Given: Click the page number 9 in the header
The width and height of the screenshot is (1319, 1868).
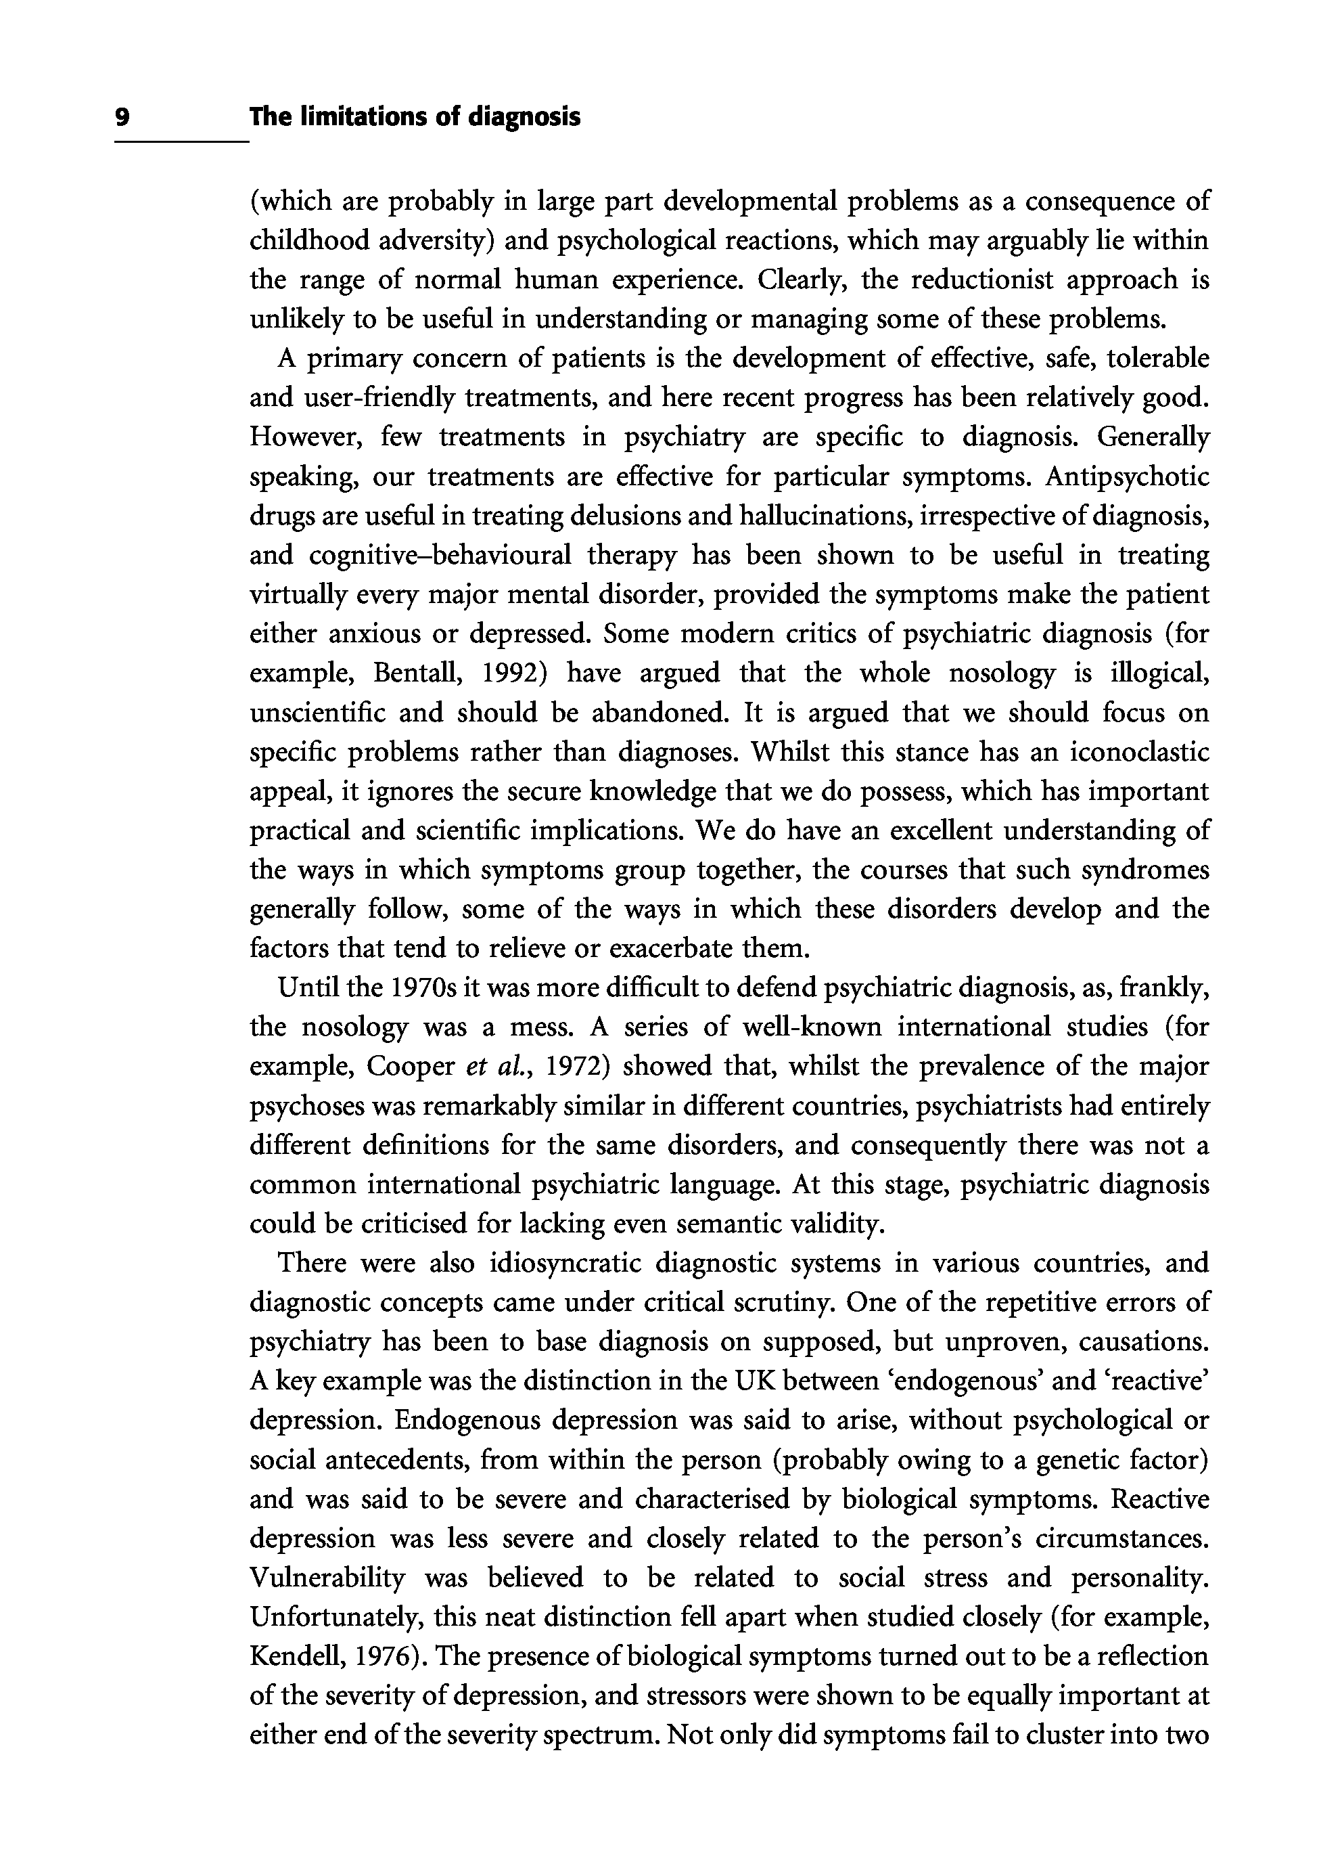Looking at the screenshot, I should point(122,118).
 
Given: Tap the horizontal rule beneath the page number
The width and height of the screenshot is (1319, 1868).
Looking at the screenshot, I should point(181,143).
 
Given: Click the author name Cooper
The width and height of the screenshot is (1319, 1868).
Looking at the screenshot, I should point(410,1067).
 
